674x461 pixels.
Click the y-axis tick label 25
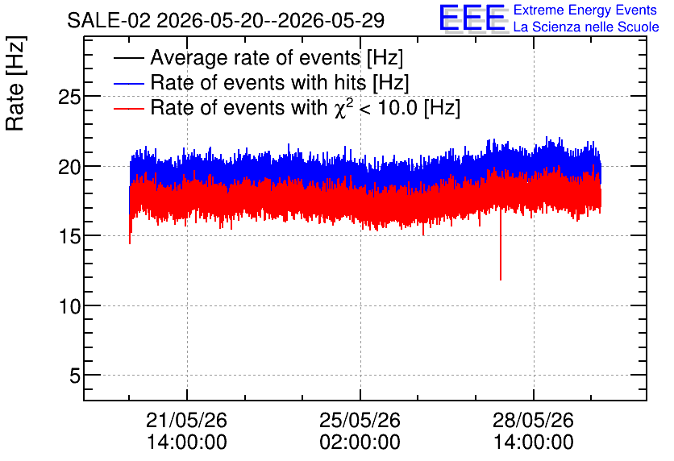pyautogui.click(x=69, y=98)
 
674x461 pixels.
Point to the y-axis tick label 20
pyautogui.click(x=69, y=167)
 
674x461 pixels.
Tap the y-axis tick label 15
pyautogui.click(x=69, y=236)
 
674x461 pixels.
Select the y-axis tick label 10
pyautogui.click(x=69, y=306)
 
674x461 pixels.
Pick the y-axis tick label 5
pyautogui.click(x=75, y=376)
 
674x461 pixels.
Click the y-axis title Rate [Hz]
pyautogui.click(x=15, y=83)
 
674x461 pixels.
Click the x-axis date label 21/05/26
pyautogui.click(x=186, y=420)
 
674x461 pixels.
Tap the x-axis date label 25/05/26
pyautogui.click(x=360, y=420)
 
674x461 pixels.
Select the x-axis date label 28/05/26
pyautogui.click(x=533, y=420)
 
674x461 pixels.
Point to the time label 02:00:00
pyautogui.click(x=360, y=442)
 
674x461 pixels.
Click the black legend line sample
pyautogui.click(x=128, y=58)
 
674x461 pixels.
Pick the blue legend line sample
pyautogui.click(x=128, y=83)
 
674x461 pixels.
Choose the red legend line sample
pyautogui.click(x=128, y=109)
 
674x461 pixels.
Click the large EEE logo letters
pyautogui.click(x=472, y=18)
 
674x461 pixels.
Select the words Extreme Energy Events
pyautogui.click(x=585, y=10)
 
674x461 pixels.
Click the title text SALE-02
pyautogui.click(x=109, y=21)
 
